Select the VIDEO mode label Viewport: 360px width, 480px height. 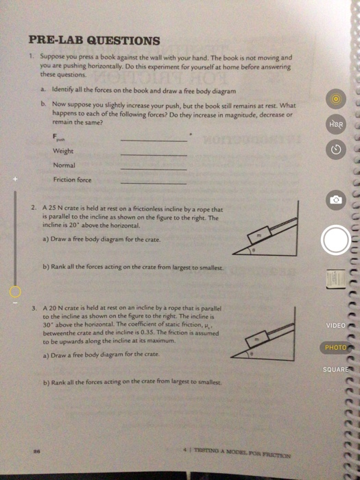pos(335,325)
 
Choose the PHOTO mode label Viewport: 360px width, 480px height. pos(335,348)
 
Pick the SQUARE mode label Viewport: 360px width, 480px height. pos(335,370)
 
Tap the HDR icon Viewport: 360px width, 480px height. pos(335,125)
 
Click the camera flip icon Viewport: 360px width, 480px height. pos(335,200)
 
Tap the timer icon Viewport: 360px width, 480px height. pos(335,149)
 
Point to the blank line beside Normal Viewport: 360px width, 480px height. pos(154,169)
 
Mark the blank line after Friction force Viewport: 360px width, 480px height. pos(154,184)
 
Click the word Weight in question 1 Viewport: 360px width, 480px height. pos(63,151)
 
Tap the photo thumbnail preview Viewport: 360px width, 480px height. pos(335,278)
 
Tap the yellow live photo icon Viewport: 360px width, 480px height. pos(335,99)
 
